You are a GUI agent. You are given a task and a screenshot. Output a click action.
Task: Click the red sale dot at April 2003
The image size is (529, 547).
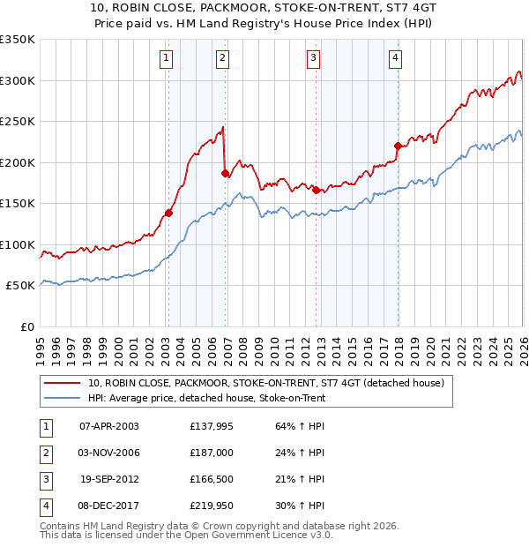click(168, 213)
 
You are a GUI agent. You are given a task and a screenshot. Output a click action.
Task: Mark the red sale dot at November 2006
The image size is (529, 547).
click(225, 174)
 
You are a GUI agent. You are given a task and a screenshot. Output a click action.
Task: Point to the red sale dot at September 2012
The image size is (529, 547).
click(316, 190)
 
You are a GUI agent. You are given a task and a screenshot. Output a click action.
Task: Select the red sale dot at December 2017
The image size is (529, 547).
click(398, 146)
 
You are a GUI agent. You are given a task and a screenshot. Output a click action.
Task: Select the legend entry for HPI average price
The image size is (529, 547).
click(207, 399)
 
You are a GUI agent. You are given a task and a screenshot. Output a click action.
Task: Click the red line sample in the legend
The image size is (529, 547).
click(63, 383)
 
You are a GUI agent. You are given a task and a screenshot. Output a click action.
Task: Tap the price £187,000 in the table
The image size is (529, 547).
click(211, 453)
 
